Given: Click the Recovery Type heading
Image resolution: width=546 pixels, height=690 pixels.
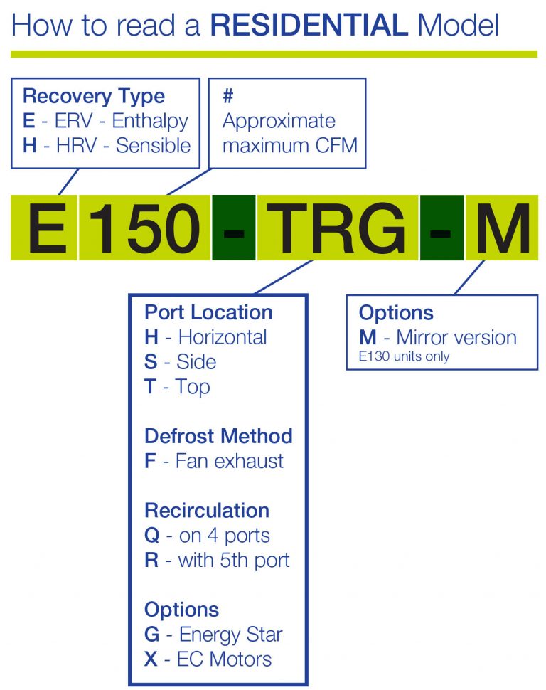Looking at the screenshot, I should (94, 97).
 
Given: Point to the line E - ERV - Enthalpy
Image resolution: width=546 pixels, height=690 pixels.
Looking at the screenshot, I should (106, 121).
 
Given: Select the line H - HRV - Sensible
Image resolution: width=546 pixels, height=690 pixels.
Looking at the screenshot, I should (107, 146).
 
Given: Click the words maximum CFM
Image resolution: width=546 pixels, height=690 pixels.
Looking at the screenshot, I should (290, 146).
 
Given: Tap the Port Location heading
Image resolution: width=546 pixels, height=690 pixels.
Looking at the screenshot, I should (208, 312).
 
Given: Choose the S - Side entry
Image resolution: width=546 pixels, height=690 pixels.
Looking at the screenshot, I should (181, 362).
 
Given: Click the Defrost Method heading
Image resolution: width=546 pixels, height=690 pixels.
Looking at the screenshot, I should (218, 435).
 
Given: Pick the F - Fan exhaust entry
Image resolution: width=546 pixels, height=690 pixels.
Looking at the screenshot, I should (214, 460).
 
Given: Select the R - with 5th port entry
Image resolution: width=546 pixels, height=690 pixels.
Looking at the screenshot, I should (217, 560).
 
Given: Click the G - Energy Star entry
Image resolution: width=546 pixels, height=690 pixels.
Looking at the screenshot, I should (213, 634).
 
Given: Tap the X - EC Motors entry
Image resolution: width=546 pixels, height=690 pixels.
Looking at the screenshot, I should (208, 659).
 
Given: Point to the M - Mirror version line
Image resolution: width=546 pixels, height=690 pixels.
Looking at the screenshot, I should (438, 337).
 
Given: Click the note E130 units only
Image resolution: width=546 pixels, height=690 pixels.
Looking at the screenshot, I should (404, 356).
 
